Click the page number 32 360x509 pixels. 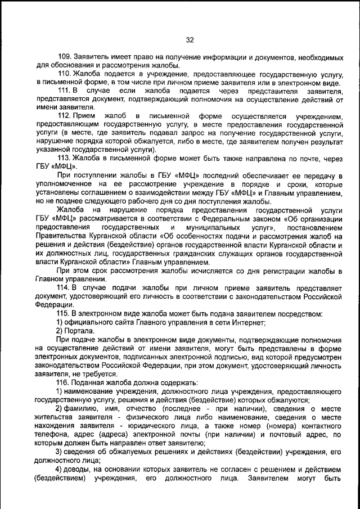pyautogui.click(x=189, y=40)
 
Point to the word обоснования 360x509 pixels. pyautogui.click(x=62, y=66)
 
